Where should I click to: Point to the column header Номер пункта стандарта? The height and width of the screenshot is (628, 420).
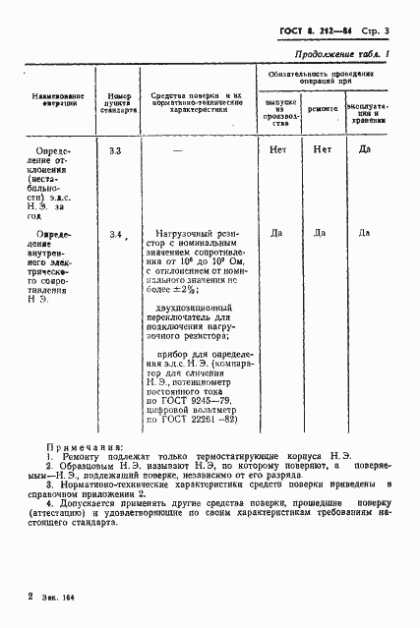click(120, 102)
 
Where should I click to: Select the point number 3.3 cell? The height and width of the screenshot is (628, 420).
click(116, 150)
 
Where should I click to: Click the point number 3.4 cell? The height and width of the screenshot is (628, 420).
click(116, 234)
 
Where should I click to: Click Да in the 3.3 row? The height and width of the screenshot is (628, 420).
click(364, 150)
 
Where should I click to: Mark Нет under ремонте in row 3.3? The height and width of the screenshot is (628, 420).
click(322, 150)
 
